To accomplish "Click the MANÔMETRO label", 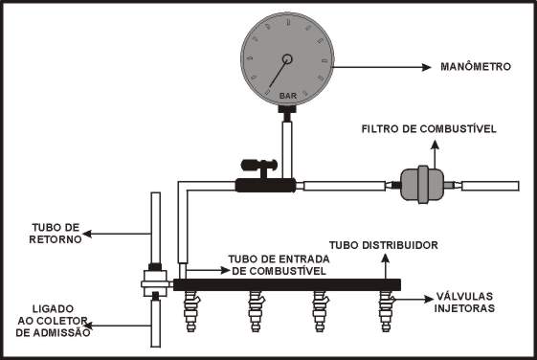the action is pos(476,66).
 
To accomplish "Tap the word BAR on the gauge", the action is pos(288,96).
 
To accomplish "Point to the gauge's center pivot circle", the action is pos(287,59).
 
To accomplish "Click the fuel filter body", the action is pos(423,185).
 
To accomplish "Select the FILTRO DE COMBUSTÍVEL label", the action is pos(429,129).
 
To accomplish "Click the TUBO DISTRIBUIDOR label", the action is pos(384,245).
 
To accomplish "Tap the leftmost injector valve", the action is pos(191,311).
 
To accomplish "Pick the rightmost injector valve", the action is pos(386,311).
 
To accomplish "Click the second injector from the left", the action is pos(256,311).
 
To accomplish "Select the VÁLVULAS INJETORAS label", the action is pos(464,303).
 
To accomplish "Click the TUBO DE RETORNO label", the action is pos(56,234).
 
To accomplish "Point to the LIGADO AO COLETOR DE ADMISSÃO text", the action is pos(53,321).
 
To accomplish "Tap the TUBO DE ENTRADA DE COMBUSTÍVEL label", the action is pos(279,265).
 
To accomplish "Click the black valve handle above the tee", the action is pos(259,166).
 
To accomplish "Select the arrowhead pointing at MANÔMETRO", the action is pos(427,67).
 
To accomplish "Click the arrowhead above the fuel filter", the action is pos(435,145).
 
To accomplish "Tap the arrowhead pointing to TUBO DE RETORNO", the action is pos(87,234).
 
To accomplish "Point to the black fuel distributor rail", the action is pos(287,284).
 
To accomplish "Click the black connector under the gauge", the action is pos(287,113).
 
